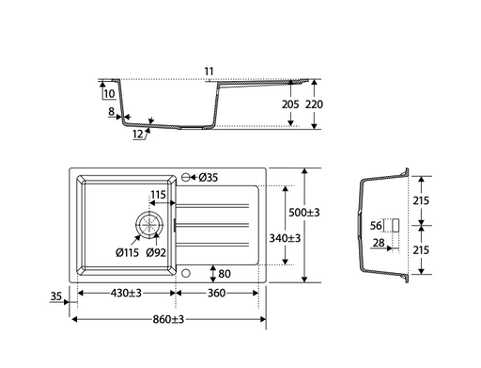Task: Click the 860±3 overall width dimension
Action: [x=168, y=320]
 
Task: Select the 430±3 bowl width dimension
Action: [x=126, y=293]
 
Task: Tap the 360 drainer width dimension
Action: [x=216, y=293]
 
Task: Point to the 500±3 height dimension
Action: [x=304, y=213]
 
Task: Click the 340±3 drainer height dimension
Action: [x=285, y=238]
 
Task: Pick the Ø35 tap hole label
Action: [x=209, y=178]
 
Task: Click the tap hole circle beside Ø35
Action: [x=185, y=178]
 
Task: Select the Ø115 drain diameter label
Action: [x=127, y=252]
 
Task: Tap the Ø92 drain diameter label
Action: [x=156, y=252]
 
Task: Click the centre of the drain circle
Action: [x=149, y=225]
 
